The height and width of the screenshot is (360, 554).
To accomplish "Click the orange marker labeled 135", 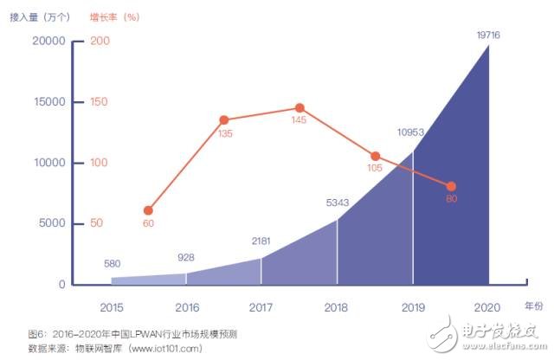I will (x=223, y=120).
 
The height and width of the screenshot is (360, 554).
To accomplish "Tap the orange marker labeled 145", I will (x=299, y=108).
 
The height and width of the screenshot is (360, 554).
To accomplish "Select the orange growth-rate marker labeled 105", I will (x=375, y=157).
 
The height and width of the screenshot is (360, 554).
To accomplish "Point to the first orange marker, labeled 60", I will (x=148, y=210).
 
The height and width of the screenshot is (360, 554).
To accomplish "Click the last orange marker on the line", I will (x=451, y=186).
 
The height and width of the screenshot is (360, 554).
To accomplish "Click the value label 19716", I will (x=489, y=35).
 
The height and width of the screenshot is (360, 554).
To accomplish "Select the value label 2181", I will (x=262, y=241).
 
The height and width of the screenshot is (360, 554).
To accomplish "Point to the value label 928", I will (x=185, y=257).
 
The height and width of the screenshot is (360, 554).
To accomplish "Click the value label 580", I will (x=112, y=264).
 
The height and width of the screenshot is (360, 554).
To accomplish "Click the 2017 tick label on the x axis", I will (x=261, y=306).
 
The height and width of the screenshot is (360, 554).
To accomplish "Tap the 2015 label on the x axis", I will (x=111, y=306).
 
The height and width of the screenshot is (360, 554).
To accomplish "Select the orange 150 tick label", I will (x=100, y=102).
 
